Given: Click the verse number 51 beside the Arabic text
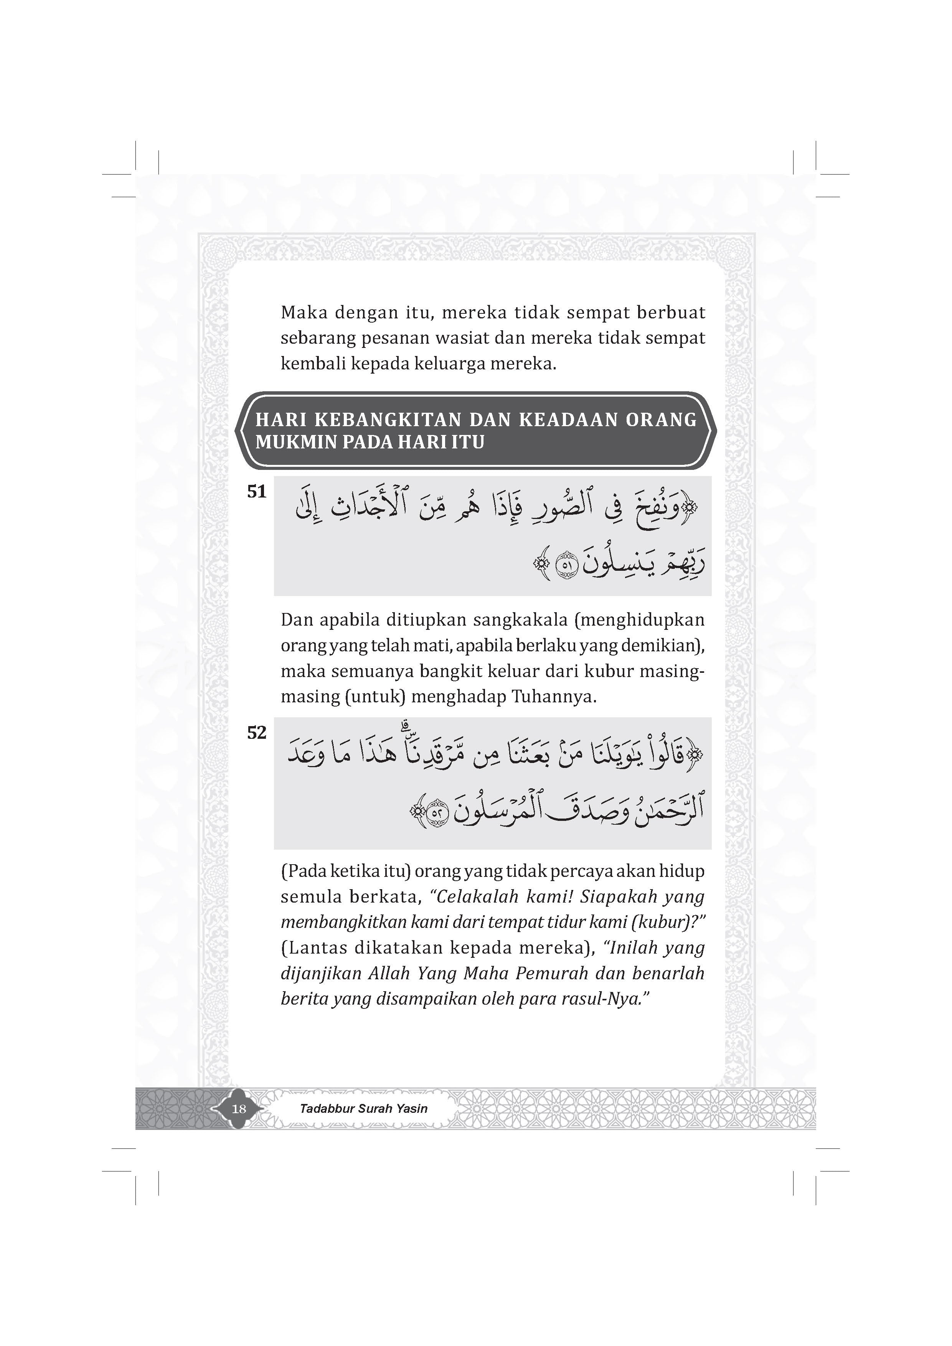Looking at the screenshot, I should [x=257, y=492].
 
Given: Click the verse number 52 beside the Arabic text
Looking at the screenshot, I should [x=257, y=733].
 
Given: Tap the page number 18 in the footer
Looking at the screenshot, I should [x=239, y=1109].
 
